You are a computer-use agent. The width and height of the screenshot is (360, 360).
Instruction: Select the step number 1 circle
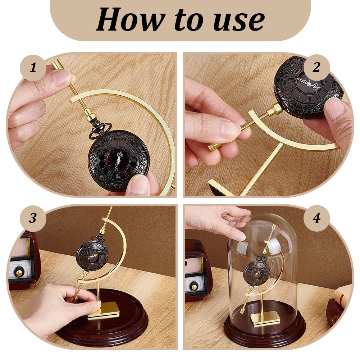click(x=33, y=68)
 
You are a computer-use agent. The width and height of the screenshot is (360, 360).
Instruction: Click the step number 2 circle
click(x=316, y=67)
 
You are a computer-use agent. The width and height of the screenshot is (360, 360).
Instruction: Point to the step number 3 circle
click(x=33, y=218)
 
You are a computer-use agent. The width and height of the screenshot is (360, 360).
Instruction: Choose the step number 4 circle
click(x=316, y=218)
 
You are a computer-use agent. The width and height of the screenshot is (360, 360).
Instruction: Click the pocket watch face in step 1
click(x=119, y=159)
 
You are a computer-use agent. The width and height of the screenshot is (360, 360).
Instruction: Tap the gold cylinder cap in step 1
click(x=58, y=64)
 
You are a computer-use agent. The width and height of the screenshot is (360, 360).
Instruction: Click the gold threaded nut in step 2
click(x=274, y=110)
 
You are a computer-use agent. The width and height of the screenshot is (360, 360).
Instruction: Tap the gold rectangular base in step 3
click(x=104, y=310)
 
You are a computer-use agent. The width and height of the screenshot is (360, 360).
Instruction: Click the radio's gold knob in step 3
click(x=19, y=273)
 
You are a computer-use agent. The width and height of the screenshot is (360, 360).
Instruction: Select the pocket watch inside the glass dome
click(x=257, y=273)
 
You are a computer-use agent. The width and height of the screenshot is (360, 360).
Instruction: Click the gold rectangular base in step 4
click(x=265, y=319)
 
